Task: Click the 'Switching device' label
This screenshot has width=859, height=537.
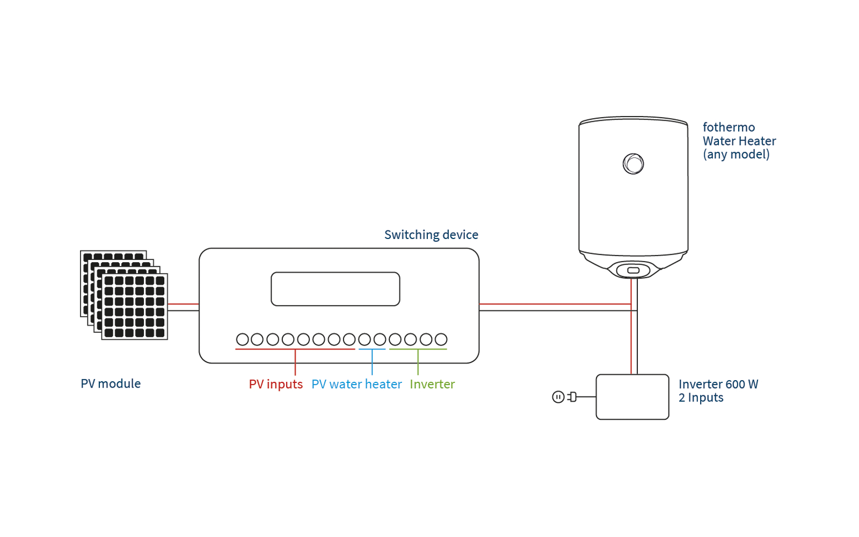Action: (x=431, y=235)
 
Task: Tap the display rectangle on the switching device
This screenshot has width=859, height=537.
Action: (x=335, y=289)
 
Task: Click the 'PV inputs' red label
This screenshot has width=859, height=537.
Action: (x=275, y=384)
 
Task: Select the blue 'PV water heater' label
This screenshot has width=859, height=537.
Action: (x=356, y=384)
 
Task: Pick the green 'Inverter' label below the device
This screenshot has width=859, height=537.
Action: (x=432, y=384)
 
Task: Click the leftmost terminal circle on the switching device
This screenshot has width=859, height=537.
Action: (x=242, y=339)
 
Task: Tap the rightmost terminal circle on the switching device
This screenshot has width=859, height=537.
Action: (x=441, y=339)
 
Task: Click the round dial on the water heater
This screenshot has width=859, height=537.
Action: (x=633, y=164)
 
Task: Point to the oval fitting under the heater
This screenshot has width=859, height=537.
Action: (x=633, y=270)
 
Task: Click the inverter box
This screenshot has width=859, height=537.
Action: (x=632, y=397)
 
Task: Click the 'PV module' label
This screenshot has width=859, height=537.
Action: (x=111, y=383)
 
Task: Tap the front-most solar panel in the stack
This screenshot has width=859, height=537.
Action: (x=134, y=307)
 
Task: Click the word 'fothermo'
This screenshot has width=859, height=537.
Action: (x=729, y=127)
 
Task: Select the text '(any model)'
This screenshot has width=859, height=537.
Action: (x=736, y=155)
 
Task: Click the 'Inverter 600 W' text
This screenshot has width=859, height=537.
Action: (x=718, y=384)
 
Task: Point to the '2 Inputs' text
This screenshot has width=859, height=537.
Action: (x=701, y=398)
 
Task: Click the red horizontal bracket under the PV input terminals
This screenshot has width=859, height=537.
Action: (x=268, y=349)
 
